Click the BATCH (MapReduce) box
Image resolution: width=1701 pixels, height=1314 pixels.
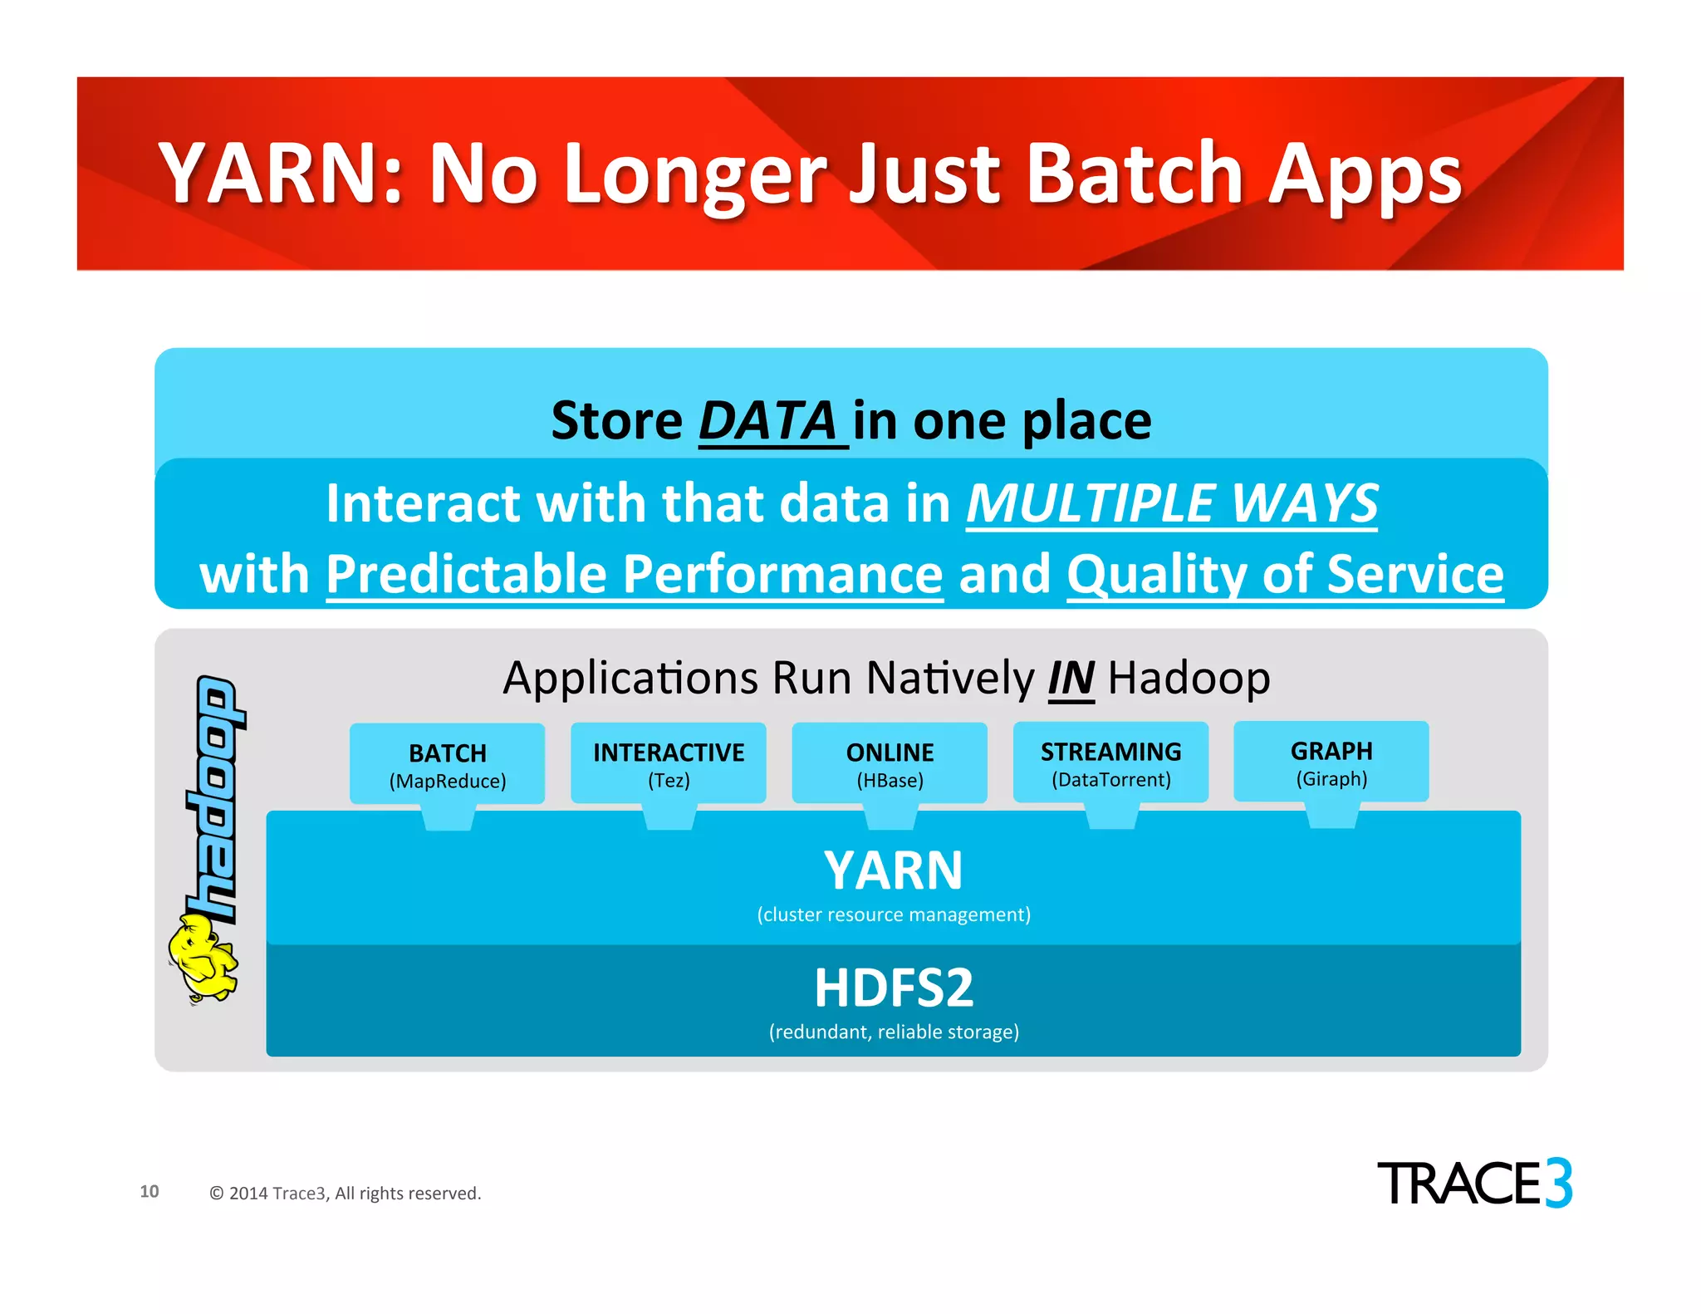point(447,764)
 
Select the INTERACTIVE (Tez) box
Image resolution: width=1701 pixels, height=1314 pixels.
point(669,763)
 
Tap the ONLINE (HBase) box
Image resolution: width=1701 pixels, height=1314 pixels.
point(890,763)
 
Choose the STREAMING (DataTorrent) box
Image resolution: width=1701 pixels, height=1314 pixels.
point(1110,762)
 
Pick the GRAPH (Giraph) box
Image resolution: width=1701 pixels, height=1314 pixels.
point(1331,762)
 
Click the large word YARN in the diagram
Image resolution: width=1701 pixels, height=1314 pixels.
point(893,870)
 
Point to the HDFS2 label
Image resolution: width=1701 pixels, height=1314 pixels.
point(893,988)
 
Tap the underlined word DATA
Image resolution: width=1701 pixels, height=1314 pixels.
point(768,421)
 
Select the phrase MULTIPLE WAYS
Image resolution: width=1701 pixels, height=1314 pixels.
point(1171,503)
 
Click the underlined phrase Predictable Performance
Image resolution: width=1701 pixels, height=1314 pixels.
point(635,574)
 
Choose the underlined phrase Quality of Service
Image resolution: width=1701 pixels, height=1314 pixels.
point(1285,574)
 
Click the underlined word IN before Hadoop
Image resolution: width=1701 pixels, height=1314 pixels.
point(1071,679)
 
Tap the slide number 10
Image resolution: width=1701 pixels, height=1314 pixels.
point(150,1191)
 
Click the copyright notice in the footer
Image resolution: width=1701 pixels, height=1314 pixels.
point(345,1194)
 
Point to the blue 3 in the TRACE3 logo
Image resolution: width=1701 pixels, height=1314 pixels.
point(1558,1183)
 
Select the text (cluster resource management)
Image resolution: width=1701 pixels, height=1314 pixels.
point(893,914)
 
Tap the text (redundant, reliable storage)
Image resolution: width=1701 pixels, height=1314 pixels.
point(893,1032)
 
